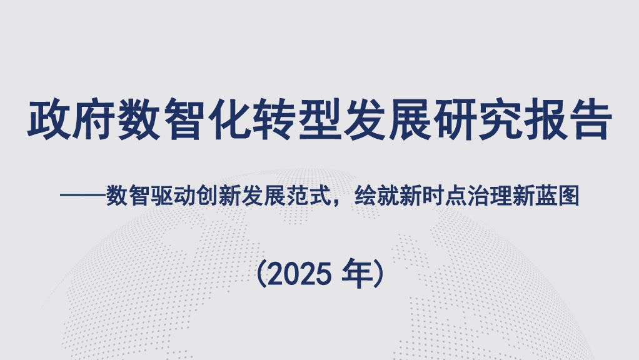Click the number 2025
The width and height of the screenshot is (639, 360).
point(298,273)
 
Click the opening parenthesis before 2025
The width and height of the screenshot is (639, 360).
point(261,273)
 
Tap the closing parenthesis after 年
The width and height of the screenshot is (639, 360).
point(378,273)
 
